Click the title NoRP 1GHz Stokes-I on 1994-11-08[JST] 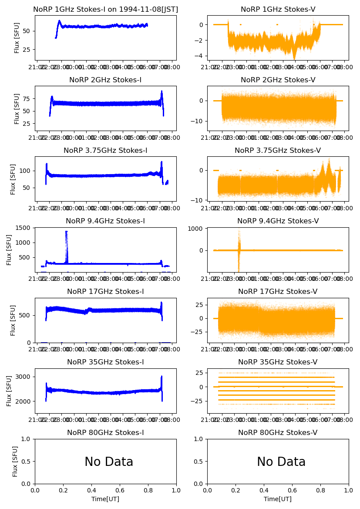pyautogui.click(x=105, y=9)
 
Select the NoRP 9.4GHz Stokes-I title pyautogui.click(x=105, y=221)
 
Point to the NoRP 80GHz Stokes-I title pyautogui.click(x=105, y=432)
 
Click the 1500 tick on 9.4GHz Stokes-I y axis pyautogui.click(x=25, y=228)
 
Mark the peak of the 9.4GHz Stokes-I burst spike pyautogui.click(x=67, y=232)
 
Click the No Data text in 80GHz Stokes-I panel pyautogui.click(x=109, y=462)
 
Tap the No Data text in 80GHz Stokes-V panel pyautogui.click(x=281, y=462)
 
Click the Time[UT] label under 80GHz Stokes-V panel pyautogui.click(x=278, y=499)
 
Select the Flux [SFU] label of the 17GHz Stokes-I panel pyautogui.click(x=13, y=320)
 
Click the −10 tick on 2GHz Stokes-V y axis pyautogui.click(x=199, y=121)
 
